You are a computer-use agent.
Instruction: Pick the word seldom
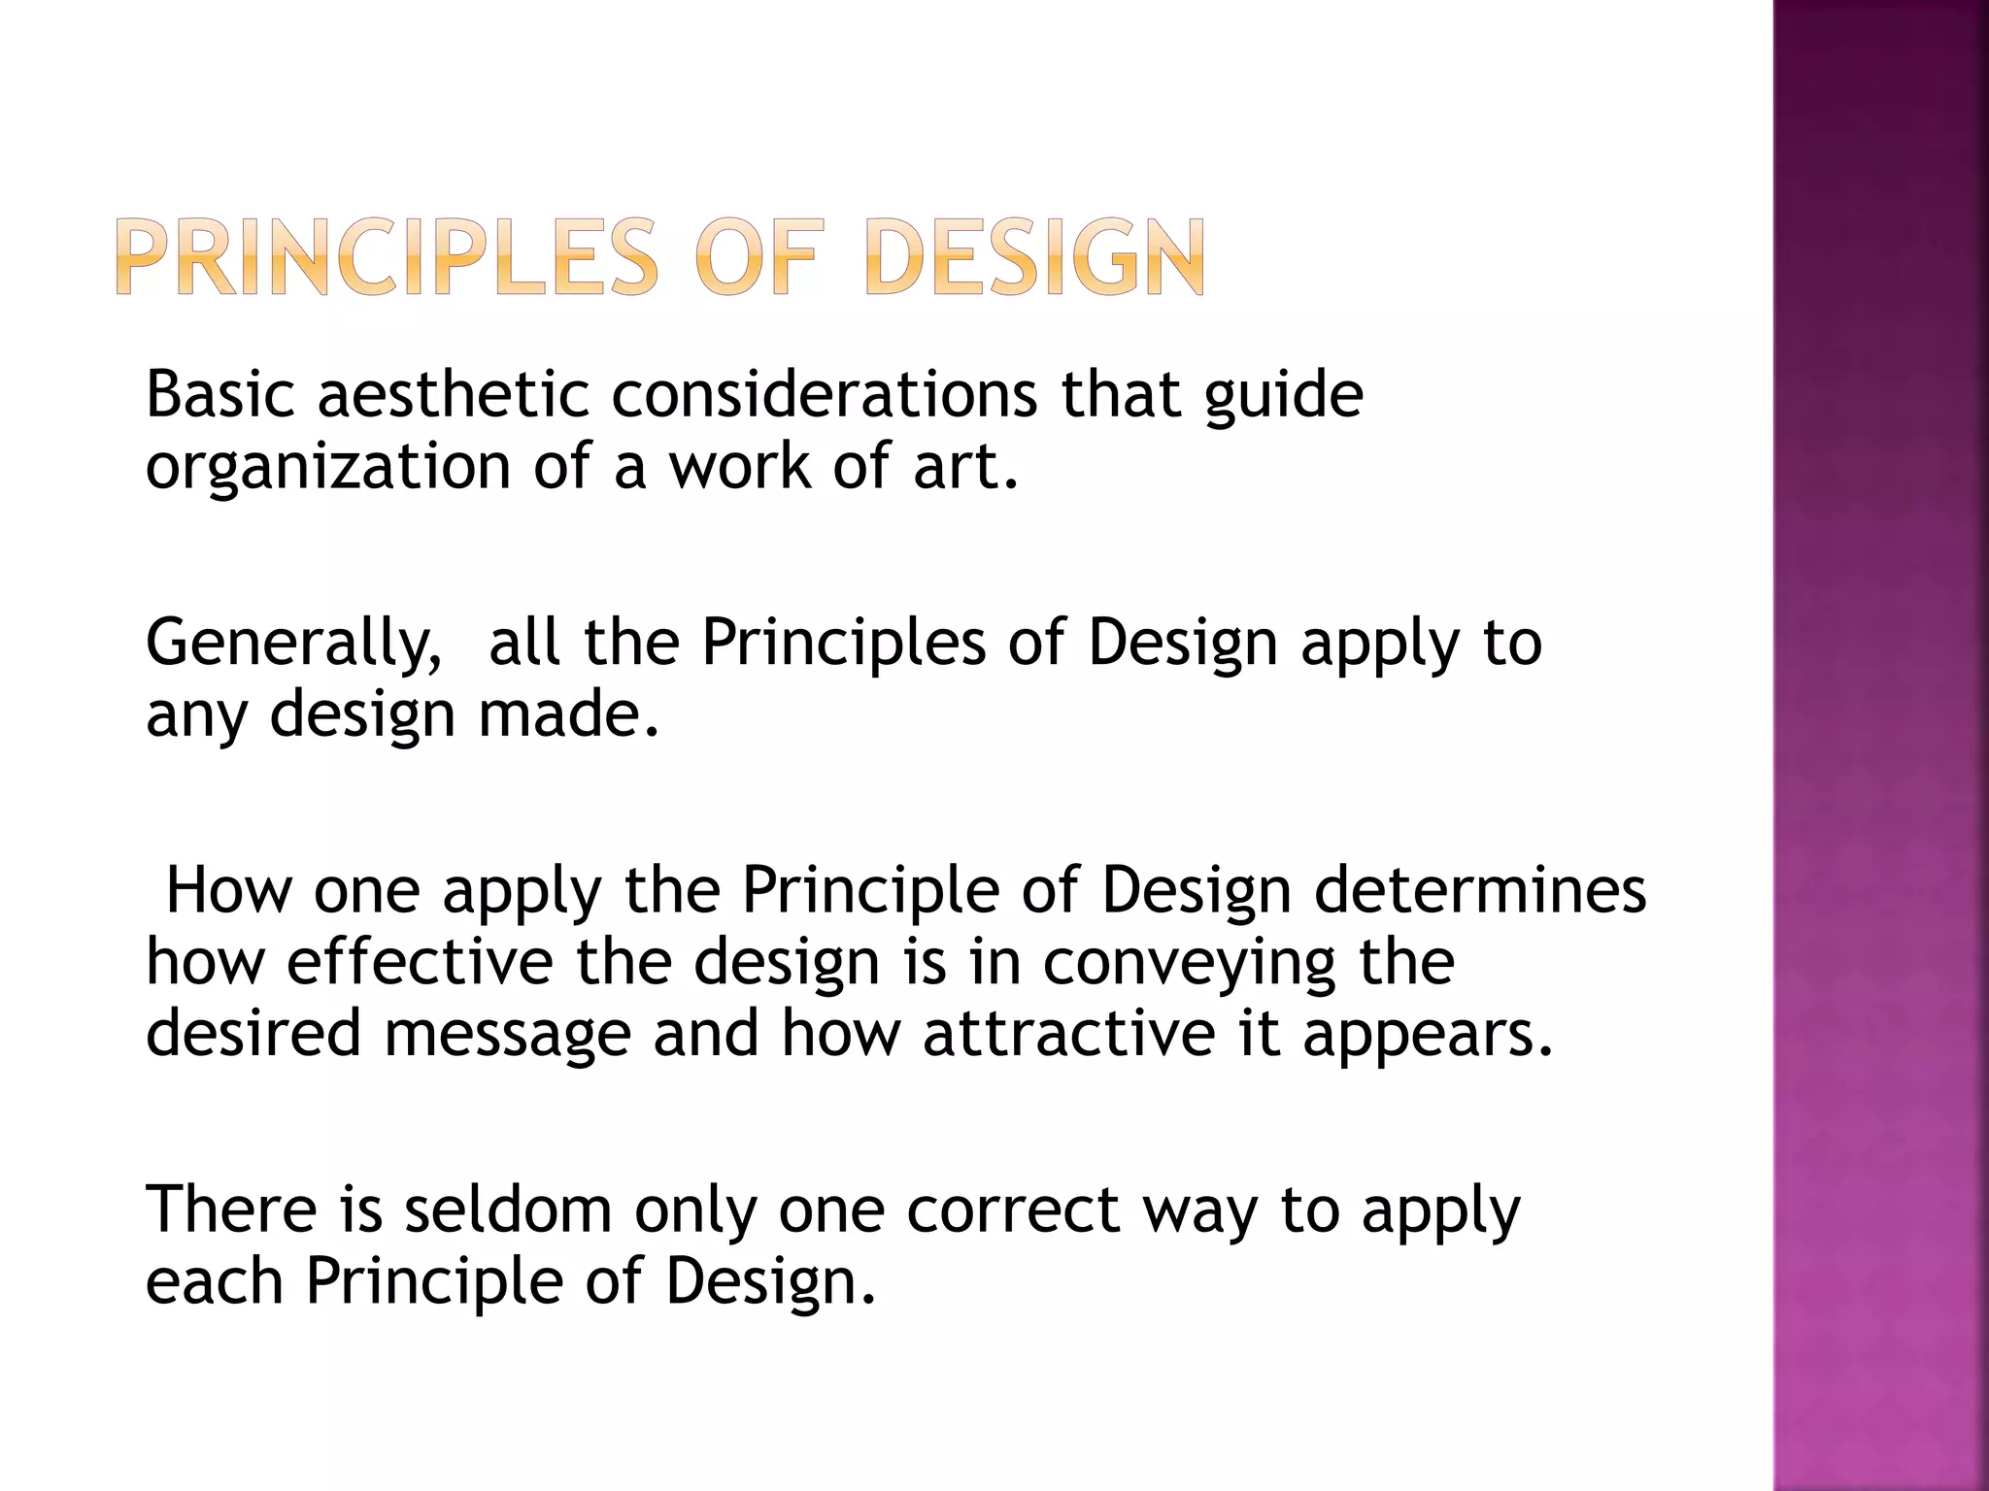[x=507, y=1209]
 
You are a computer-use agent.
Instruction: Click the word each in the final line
[x=215, y=1281]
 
